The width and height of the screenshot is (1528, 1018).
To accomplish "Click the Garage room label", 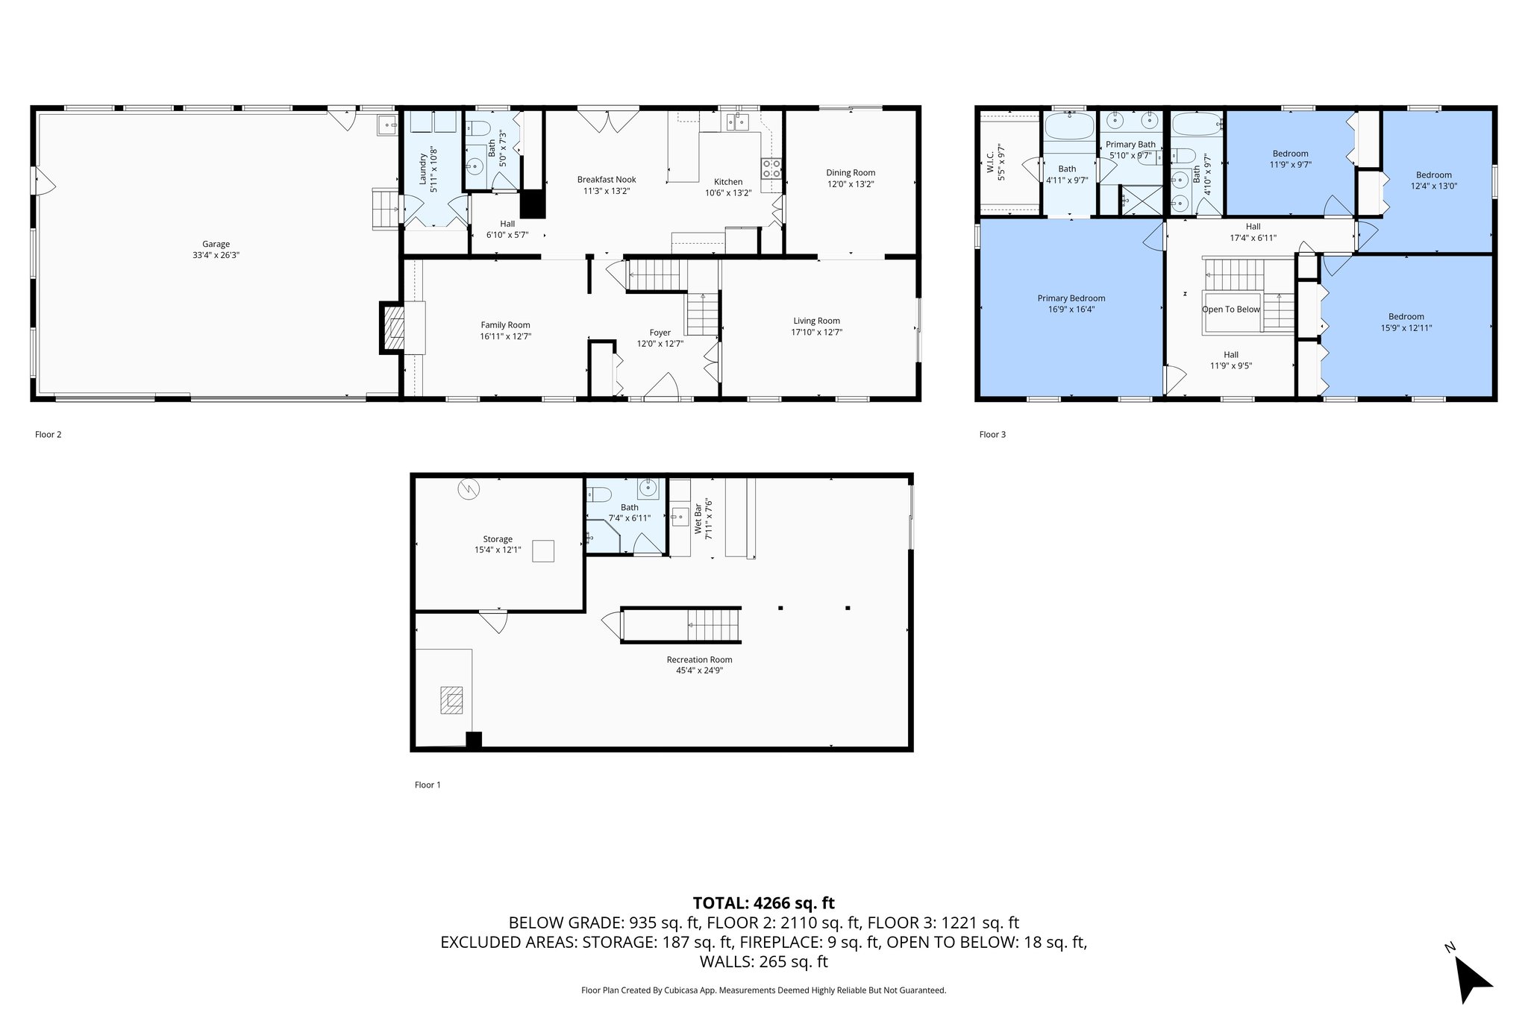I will (x=216, y=244).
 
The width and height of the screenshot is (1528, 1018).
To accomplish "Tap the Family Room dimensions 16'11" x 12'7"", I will (x=505, y=336).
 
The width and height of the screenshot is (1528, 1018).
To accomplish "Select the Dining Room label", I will (x=850, y=172).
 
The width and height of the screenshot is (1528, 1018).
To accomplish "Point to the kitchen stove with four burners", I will (x=771, y=169).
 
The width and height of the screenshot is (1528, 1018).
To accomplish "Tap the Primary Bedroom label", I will (x=1071, y=298).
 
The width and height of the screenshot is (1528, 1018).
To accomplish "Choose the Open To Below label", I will (x=1230, y=310).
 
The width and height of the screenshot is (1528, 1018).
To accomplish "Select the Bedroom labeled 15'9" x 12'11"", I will (x=1406, y=316).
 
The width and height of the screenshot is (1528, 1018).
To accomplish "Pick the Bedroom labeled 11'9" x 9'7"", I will (x=1290, y=154).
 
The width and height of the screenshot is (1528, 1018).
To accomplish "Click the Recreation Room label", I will (x=699, y=659).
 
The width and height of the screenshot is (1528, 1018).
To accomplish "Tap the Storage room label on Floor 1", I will (x=498, y=538).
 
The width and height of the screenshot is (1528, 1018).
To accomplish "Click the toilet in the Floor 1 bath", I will (x=599, y=494).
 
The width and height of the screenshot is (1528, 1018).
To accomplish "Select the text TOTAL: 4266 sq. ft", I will (x=763, y=903).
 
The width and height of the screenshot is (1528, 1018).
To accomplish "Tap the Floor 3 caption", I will (x=992, y=434).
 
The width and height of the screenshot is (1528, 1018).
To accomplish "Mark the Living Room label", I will (x=816, y=321).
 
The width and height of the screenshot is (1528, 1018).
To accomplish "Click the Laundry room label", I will (x=423, y=169).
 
